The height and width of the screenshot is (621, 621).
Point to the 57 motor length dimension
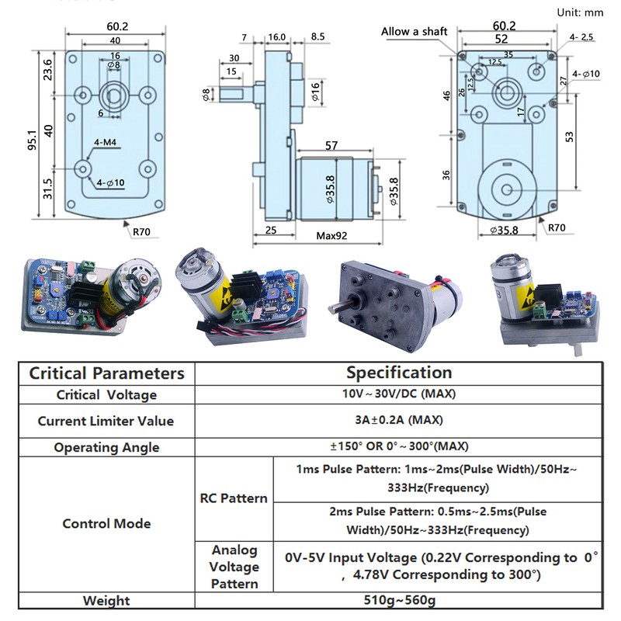(x=331, y=146)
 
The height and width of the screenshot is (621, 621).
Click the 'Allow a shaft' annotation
(x=414, y=31)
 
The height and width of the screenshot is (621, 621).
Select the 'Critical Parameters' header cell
(x=107, y=373)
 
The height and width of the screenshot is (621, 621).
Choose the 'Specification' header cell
(x=399, y=373)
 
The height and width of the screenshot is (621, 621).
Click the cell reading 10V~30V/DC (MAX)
(x=399, y=394)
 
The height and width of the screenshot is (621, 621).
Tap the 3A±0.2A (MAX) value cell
(x=399, y=421)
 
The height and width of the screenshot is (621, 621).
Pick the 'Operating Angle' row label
(x=107, y=447)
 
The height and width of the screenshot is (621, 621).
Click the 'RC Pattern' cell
(x=234, y=498)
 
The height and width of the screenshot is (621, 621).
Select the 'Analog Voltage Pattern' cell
(x=234, y=567)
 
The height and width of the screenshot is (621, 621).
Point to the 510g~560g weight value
(x=399, y=600)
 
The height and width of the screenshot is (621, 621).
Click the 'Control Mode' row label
(x=107, y=523)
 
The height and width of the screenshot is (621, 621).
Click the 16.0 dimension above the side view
(x=277, y=36)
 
